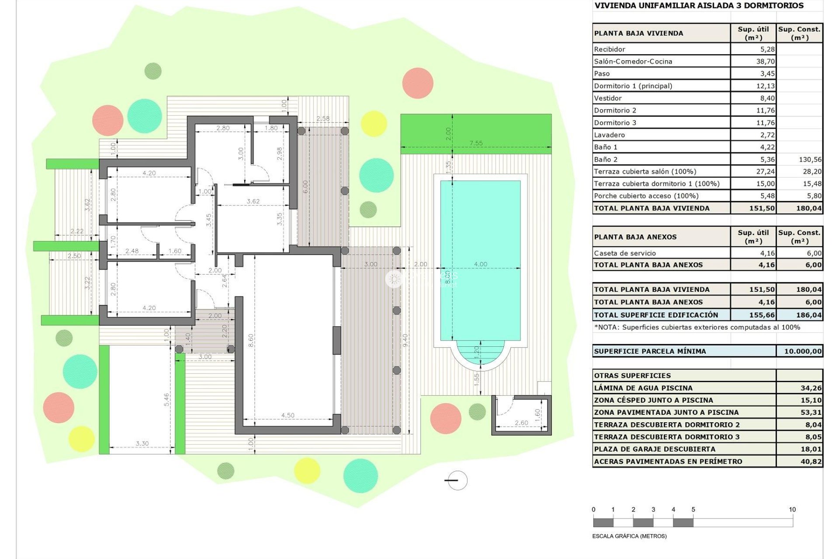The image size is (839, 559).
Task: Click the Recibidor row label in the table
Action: (x=610, y=49)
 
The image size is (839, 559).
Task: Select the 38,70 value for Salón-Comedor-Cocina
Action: (x=765, y=62)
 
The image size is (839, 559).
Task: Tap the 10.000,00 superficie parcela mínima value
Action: (x=802, y=351)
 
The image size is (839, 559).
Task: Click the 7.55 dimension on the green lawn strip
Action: (x=476, y=143)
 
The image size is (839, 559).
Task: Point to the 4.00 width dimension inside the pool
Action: (x=480, y=264)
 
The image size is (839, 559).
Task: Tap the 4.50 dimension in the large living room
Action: (x=288, y=415)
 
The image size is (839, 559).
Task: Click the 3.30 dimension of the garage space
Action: (x=142, y=443)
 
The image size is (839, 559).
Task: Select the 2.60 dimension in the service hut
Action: (x=521, y=423)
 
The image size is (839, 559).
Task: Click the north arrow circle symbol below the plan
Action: (x=458, y=480)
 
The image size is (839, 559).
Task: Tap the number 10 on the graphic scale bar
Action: (x=792, y=510)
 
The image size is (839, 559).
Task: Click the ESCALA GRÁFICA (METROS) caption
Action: (x=629, y=536)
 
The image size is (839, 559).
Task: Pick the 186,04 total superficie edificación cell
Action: (x=808, y=315)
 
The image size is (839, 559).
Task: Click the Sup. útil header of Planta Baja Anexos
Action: (x=753, y=237)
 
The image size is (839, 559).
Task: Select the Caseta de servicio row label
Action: (x=625, y=253)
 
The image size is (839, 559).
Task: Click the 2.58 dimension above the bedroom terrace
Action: (x=323, y=119)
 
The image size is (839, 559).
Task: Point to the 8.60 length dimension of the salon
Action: (x=250, y=341)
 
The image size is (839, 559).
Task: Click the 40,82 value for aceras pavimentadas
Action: (x=811, y=461)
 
